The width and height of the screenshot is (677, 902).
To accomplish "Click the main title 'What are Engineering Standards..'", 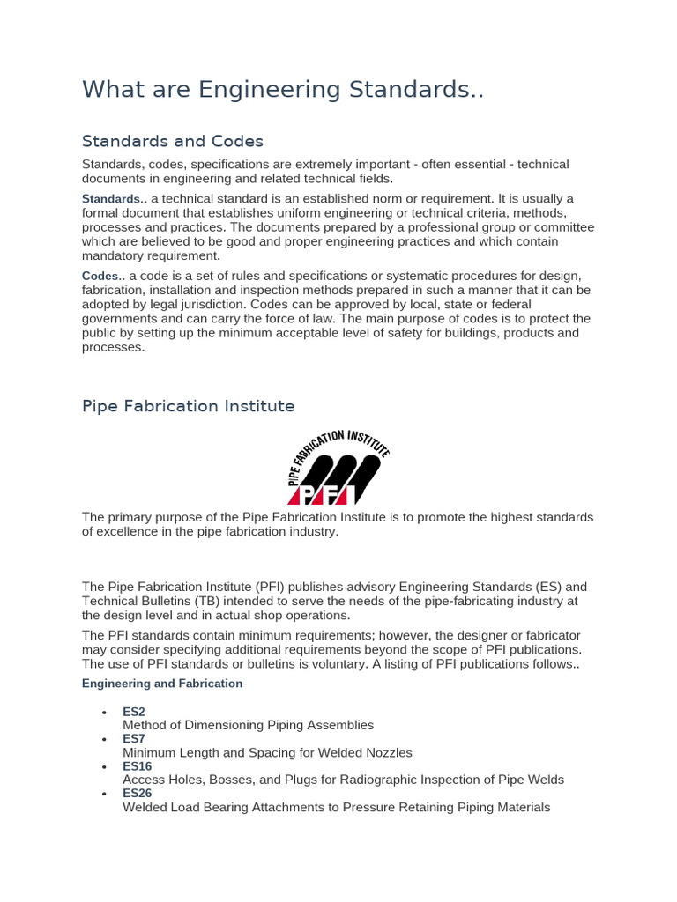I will click(x=283, y=90).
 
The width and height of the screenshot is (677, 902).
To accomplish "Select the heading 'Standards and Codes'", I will click(x=173, y=141).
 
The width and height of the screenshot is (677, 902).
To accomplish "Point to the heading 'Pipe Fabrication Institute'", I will click(x=188, y=406).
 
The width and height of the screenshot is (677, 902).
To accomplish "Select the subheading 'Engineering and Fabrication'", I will click(x=162, y=684).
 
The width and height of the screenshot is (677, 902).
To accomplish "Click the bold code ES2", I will click(x=134, y=712).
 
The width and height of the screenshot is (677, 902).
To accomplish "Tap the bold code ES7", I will click(x=134, y=739).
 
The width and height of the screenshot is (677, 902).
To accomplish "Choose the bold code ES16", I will click(x=138, y=766).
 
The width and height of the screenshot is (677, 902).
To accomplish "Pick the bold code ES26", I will click(x=138, y=794).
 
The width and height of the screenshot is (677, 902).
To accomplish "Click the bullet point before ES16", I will click(x=104, y=766).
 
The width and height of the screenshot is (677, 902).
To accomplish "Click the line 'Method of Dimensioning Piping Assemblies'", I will click(x=248, y=725).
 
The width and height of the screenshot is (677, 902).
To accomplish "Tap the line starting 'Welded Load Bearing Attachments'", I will click(x=336, y=807).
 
